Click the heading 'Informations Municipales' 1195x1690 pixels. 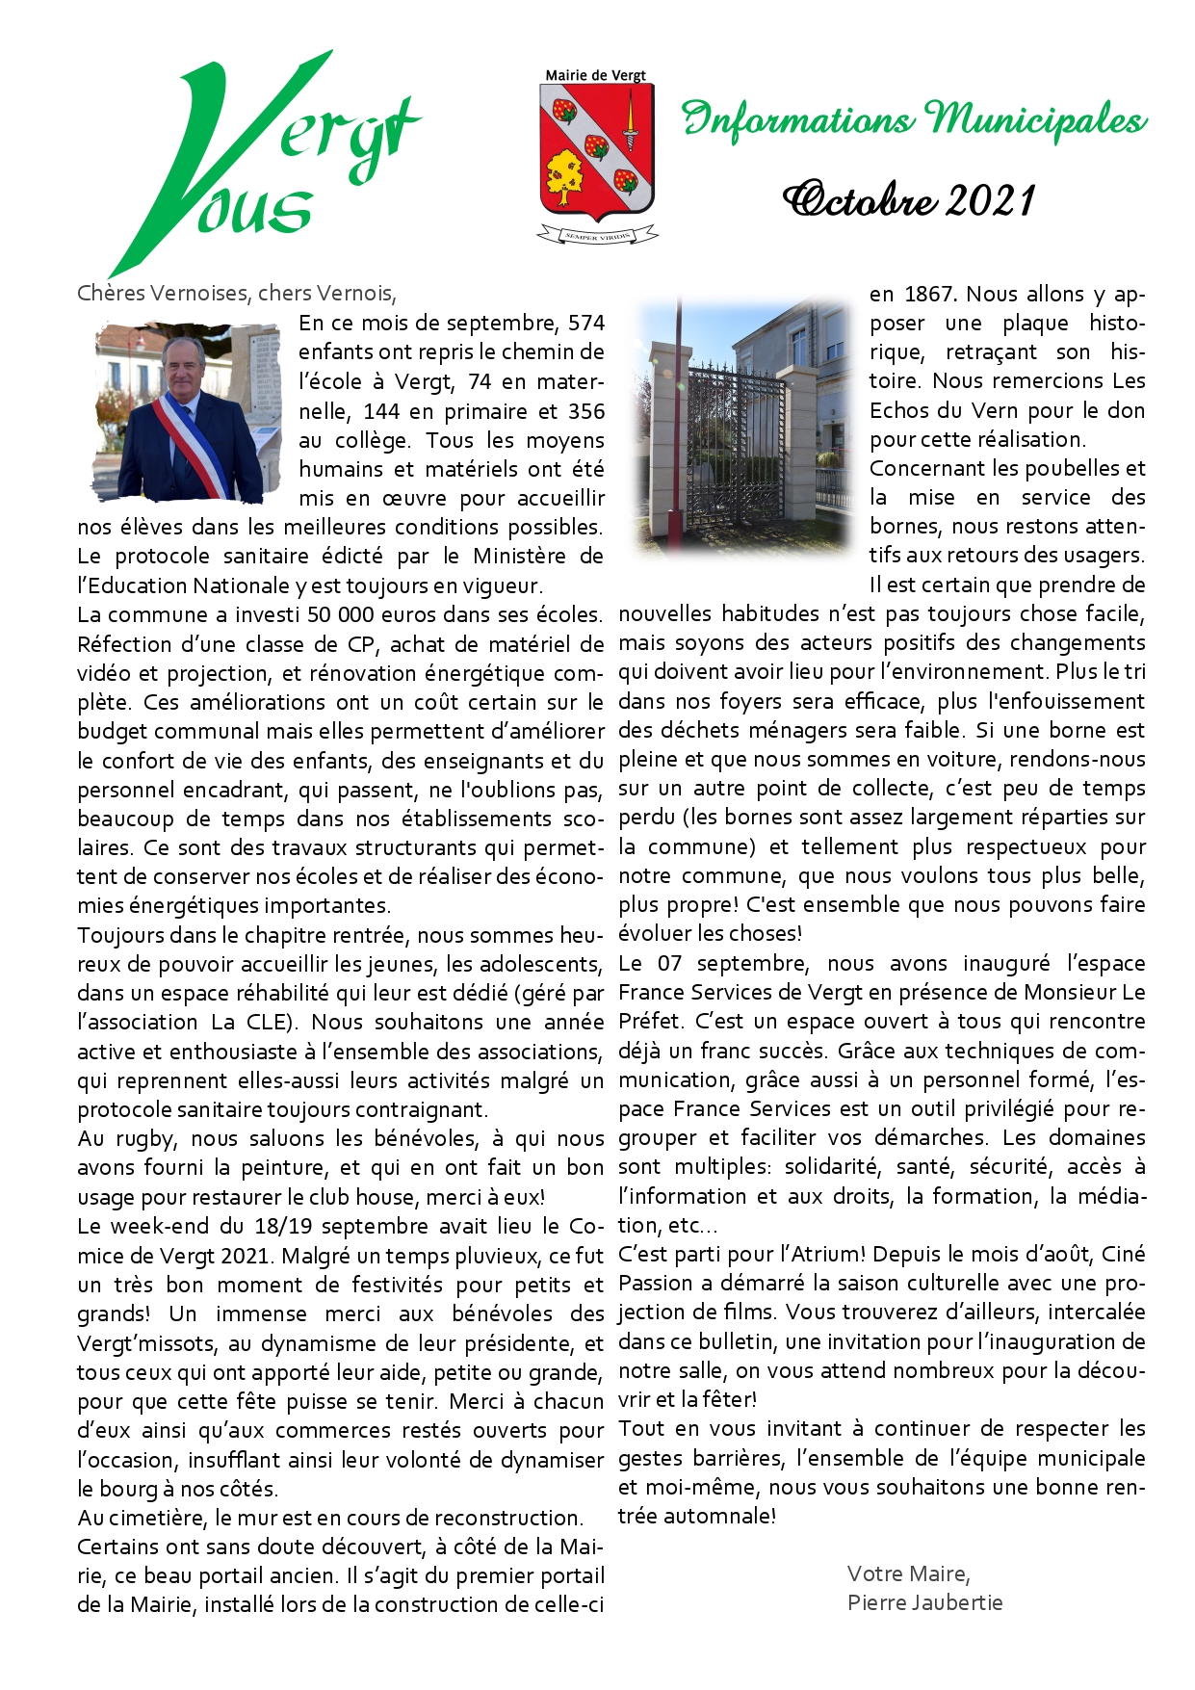coord(914,119)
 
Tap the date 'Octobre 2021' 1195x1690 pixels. coord(909,200)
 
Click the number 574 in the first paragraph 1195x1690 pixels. coord(586,323)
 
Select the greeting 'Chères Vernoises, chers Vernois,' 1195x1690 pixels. coord(237,294)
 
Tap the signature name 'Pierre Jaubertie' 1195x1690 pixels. coord(924,1602)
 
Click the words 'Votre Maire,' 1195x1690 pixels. coord(908,1573)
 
